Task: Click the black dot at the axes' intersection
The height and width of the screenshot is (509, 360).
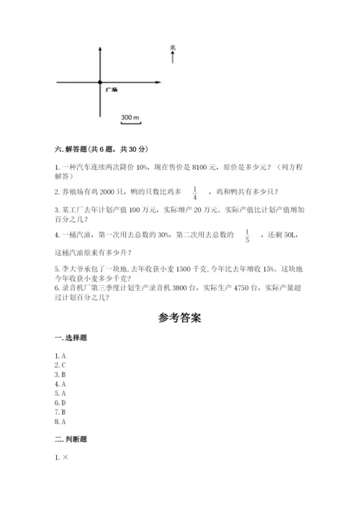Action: click(100, 83)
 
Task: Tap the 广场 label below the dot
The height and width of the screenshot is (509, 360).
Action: click(112, 90)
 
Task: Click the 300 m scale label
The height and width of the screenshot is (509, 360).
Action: click(130, 117)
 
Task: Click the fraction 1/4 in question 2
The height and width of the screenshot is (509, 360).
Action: click(195, 192)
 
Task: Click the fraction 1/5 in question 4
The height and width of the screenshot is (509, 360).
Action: click(246, 235)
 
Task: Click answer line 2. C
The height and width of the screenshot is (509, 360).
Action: click(61, 365)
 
